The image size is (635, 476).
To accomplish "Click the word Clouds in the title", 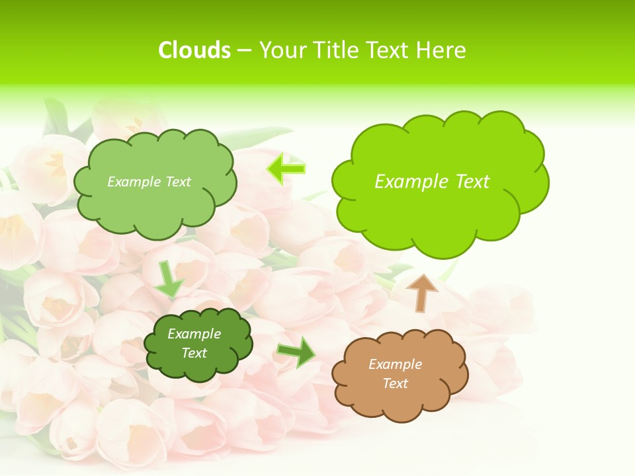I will click(194, 50).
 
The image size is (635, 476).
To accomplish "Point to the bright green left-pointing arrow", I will click(286, 169).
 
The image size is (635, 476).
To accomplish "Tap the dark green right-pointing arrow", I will click(296, 351).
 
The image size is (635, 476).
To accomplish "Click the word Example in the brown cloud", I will click(395, 364).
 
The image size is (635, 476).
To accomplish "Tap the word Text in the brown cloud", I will click(395, 383).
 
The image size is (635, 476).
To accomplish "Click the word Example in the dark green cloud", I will click(194, 334).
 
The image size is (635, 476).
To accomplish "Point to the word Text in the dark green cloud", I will click(194, 353).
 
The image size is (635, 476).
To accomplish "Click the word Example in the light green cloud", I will click(132, 182).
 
